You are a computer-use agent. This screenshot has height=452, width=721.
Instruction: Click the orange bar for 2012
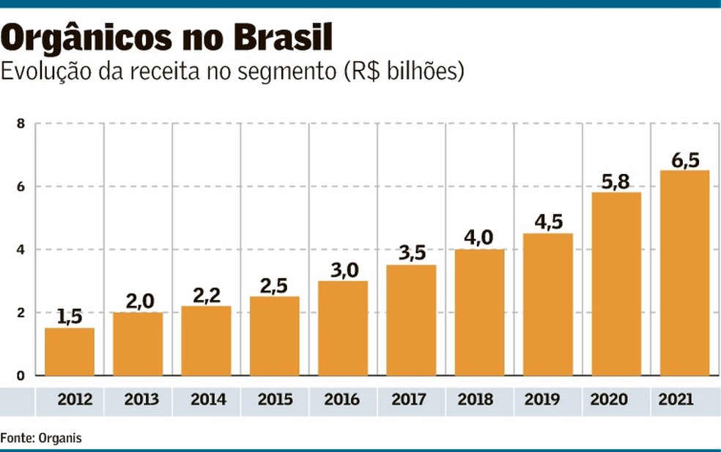point(69,351)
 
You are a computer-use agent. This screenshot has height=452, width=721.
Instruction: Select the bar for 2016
point(343,328)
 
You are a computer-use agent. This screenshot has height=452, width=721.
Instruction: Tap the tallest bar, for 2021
point(684,273)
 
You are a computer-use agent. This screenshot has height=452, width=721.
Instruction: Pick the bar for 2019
point(547,305)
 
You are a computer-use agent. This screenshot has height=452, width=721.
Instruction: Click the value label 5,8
point(616,181)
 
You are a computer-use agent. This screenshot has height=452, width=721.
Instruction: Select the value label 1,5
point(69,316)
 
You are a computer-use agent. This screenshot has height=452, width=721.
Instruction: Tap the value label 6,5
point(684,159)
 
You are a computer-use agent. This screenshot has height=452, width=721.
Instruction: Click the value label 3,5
point(411,253)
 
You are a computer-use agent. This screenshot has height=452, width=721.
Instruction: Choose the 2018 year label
point(479,400)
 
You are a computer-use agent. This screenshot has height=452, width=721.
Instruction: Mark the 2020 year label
point(616,400)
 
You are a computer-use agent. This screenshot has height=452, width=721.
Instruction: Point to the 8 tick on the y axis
point(21,123)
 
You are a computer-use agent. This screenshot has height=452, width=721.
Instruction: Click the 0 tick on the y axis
point(21,376)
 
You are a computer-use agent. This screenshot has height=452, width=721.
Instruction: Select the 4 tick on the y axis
point(21,249)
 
